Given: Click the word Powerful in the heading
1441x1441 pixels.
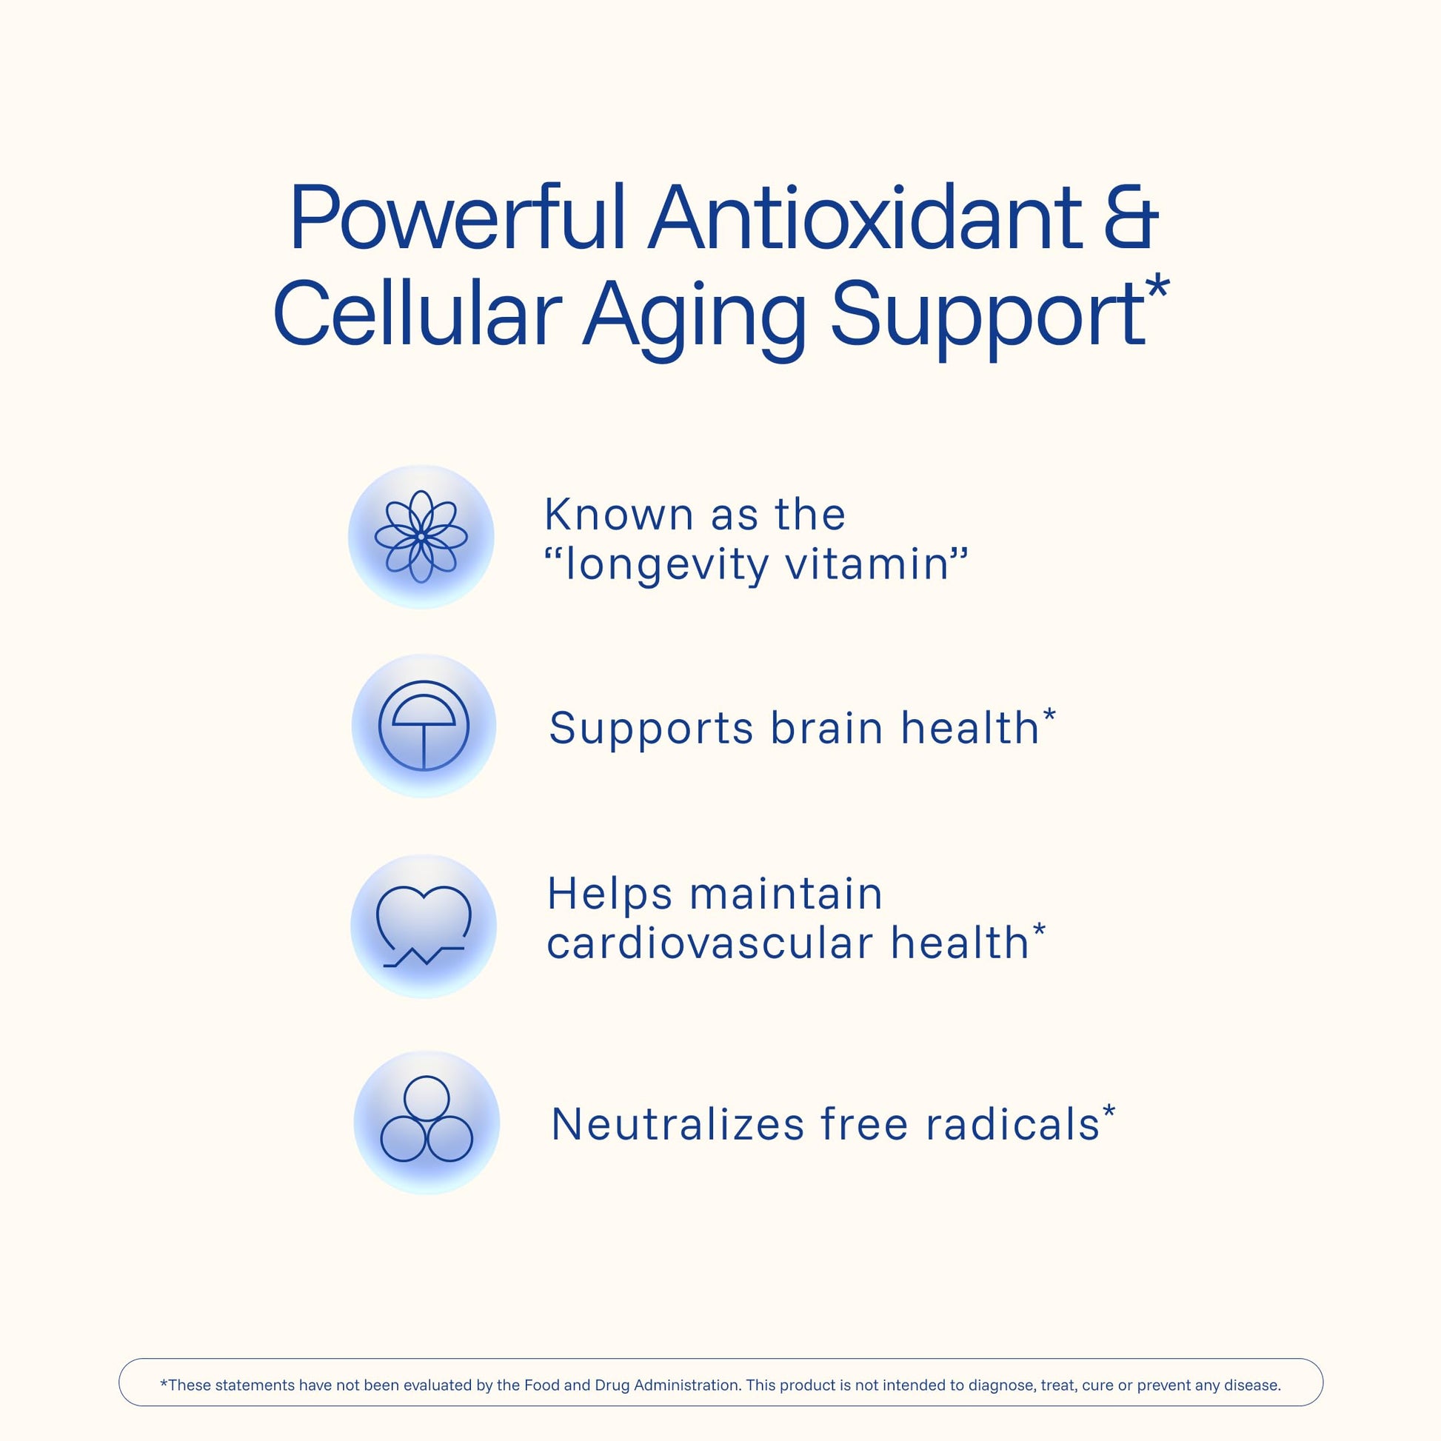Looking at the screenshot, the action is point(457,218).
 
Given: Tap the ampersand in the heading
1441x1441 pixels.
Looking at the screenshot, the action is point(1131,218).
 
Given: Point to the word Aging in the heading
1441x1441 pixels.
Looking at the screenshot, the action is point(695,319).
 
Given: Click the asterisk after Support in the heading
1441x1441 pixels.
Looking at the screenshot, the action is point(1157,290).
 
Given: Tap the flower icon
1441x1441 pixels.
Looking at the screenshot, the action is point(421,536).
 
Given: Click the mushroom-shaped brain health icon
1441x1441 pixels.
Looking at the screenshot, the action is point(424,725).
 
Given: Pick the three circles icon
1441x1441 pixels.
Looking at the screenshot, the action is point(427,1119).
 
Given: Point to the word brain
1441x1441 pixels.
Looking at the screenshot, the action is point(827,728).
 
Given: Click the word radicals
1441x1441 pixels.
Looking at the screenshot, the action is point(1012,1124).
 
